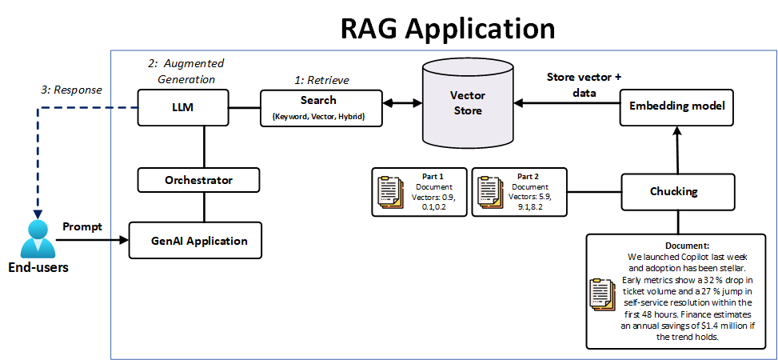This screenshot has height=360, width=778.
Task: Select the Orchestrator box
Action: point(198,180)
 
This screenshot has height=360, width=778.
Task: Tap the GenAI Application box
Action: point(199,240)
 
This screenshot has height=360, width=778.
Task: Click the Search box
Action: point(318,108)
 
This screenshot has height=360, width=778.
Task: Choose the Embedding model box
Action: point(676,106)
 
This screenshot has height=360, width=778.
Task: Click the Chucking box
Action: point(677,191)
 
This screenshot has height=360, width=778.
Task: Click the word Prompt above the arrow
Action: point(82,226)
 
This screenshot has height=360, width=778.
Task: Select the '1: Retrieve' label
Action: point(322,80)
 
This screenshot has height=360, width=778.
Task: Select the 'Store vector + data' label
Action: point(584,85)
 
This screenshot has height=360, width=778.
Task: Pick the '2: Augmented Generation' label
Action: point(186,71)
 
